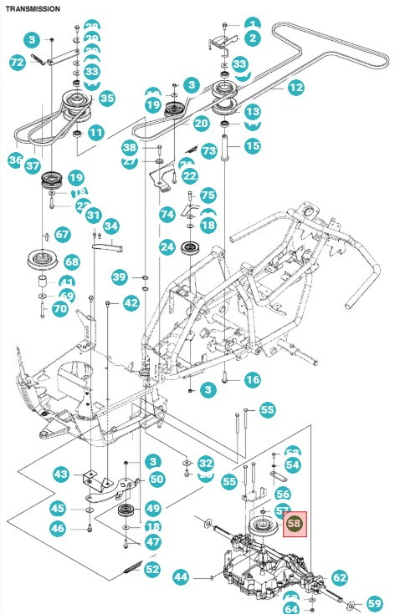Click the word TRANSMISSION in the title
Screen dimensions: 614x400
[x=32, y=8]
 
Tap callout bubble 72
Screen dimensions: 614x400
[x=17, y=62]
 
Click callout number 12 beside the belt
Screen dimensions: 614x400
[x=295, y=87]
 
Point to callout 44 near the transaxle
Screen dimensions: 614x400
[x=182, y=576]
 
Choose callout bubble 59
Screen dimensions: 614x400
[x=374, y=603]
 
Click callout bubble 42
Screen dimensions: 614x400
[x=131, y=303]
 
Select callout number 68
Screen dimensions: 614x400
[x=72, y=262]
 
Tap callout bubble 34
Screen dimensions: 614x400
[x=111, y=226]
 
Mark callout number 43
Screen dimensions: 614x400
[x=60, y=474]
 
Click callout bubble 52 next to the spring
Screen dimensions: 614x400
[x=152, y=570]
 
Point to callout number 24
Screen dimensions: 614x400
[x=167, y=247]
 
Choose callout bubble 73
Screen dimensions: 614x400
[x=209, y=150]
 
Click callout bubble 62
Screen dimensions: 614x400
[x=339, y=576]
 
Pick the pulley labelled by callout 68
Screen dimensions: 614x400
[x=41, y=257]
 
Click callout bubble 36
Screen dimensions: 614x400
[x=16, y=159]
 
